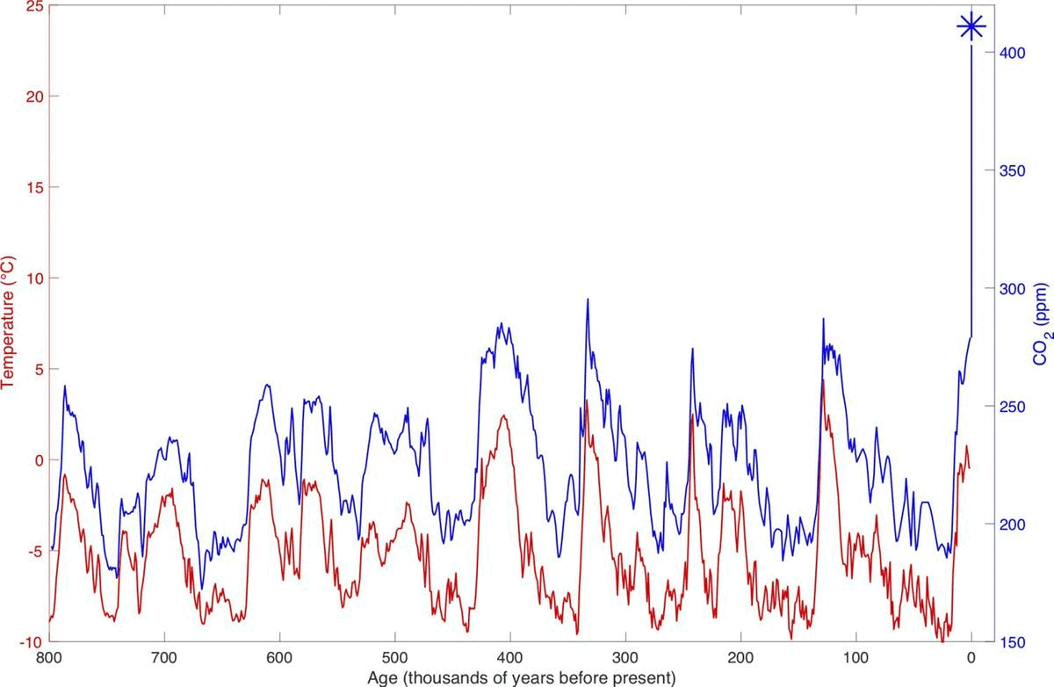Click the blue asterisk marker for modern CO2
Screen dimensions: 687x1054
tap(971, 26)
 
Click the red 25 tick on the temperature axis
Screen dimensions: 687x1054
tap(32, 5)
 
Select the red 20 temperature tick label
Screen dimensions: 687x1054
tap(32, 96)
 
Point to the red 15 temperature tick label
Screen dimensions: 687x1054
tap(32, 187)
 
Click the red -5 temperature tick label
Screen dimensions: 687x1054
tap(32, 551)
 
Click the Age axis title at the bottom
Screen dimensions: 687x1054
tap(509, 677)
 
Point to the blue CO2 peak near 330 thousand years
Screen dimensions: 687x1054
tap(587, 300)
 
